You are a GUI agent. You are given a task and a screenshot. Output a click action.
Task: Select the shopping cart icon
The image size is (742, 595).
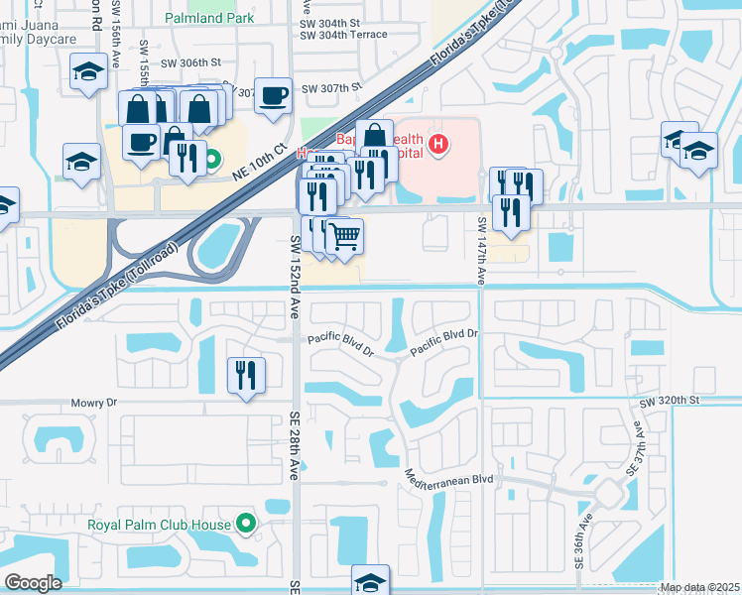(x=344, y=237)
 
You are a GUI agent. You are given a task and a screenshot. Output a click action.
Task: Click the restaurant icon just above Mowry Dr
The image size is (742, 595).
(x=246, y=374)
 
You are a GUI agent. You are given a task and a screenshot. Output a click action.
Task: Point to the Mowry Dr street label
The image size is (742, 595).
(x=94, y=404)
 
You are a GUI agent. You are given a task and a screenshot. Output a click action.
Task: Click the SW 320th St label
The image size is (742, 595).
(x=670, y=402)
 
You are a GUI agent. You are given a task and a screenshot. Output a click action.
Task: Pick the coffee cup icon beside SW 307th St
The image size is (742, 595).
(x=273, y=95)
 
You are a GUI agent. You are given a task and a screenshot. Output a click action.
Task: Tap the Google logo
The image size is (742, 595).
(x=32, y=583)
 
